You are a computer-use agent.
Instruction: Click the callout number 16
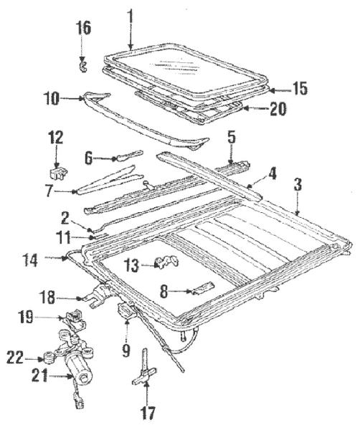click(83, 28)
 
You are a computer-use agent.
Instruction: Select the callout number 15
click(300, 89)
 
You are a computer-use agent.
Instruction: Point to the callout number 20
click(278, 109)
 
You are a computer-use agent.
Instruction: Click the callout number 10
click(52, 98)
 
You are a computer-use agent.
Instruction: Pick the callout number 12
click(56, 137)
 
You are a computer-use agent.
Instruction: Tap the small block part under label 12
click(58, 173)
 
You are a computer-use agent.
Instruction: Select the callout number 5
click(232, 138)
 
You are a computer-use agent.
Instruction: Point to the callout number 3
click(298, 185)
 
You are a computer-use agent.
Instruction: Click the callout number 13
click(131, 265)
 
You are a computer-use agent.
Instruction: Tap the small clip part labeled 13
click(166, 262)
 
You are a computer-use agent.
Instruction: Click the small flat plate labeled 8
click(204, 289)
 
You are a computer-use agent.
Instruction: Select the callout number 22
click(15, 358)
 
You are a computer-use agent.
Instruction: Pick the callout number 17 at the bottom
click(148, 413)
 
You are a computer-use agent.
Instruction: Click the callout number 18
click(47, 297)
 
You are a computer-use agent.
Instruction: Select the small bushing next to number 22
click(49, 358)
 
